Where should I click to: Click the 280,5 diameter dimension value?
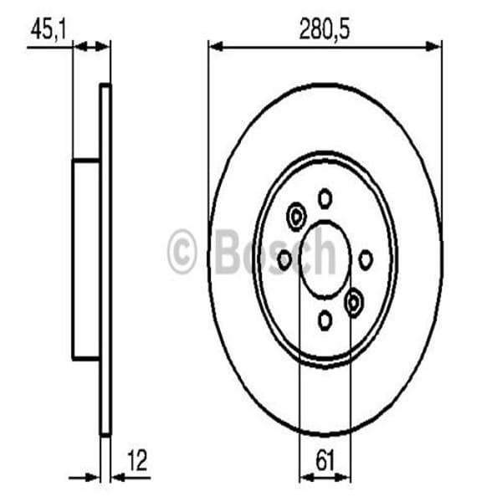tap(325, 30)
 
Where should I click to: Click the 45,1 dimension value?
tap(48, 30)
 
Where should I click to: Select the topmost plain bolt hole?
tap(325, 198)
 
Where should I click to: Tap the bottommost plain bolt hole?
tap(325, 319)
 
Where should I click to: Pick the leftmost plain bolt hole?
tap(284, 259)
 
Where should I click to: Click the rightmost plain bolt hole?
tap(366, 259)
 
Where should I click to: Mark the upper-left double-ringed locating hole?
tap(295, 217)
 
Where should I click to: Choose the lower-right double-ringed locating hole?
tap(354, 300)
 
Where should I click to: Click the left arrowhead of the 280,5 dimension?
tap(214, 47)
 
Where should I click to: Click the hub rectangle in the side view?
tap(85, 259)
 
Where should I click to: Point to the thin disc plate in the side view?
tap(105, 259)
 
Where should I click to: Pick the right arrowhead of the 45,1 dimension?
tap(105, 47)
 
